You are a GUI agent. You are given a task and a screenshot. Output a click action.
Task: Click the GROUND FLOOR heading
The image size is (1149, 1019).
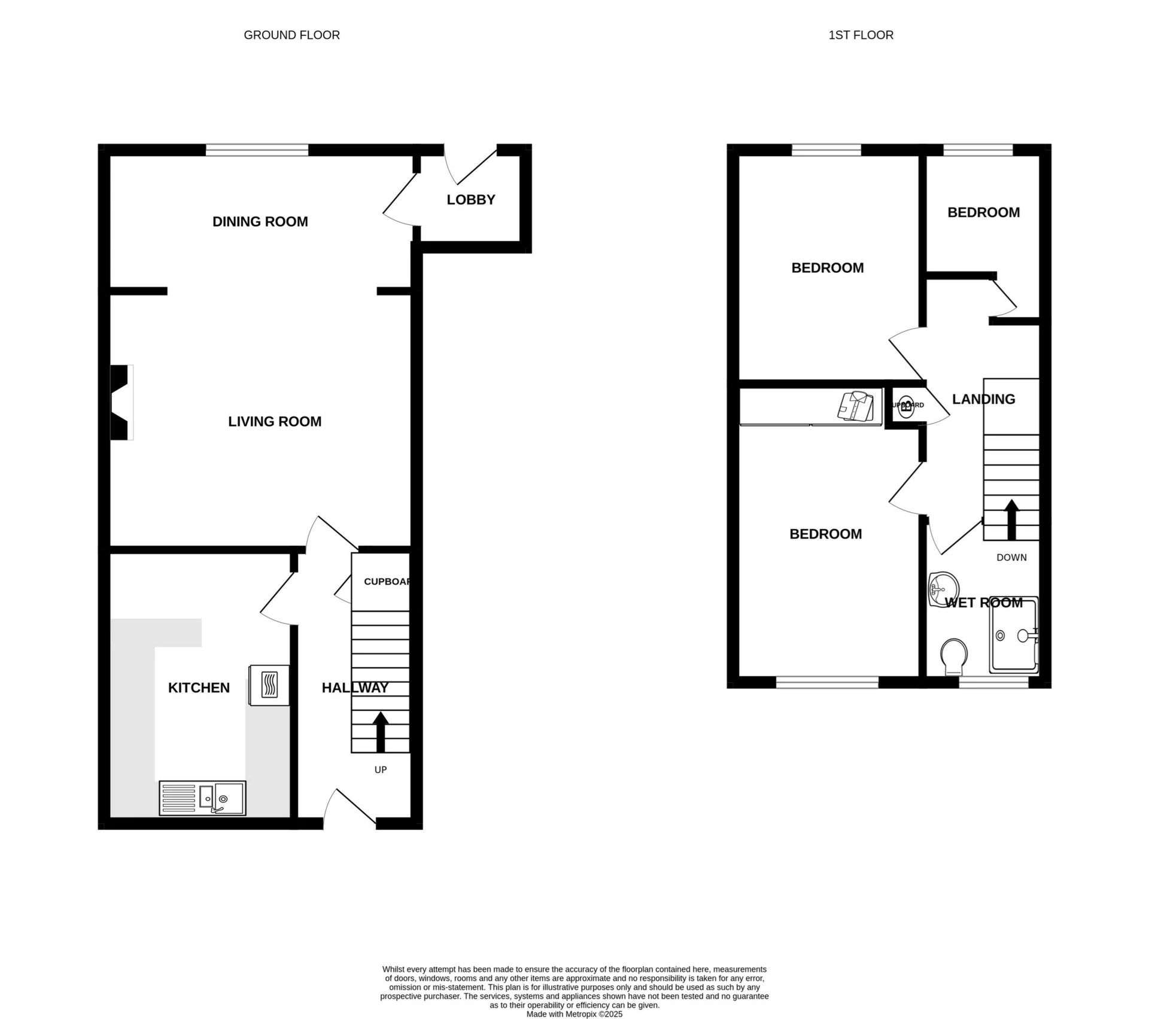(x=291, y=35)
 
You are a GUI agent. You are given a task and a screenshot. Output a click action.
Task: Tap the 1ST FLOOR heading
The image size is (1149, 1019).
(x=861, y=35)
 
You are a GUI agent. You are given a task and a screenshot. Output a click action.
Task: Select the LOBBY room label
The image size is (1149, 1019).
(x=471, y=200)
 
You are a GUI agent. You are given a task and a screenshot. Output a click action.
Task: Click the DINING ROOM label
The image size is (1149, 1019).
(x=260, y=222)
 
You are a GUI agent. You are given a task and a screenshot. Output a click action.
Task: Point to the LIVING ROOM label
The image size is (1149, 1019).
(x=275, y=422)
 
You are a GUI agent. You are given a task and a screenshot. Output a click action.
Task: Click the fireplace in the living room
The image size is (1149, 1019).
(x=121, y=402)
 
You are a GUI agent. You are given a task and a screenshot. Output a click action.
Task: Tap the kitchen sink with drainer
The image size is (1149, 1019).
(x=202, y=798)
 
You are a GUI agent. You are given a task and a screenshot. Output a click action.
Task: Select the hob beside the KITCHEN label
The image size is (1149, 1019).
(x=269, y=685)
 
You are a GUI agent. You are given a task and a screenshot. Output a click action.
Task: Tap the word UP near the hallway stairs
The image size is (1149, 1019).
(x=381, y=769)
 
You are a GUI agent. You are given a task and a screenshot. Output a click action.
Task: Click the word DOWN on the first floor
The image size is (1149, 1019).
(x=1011, y=558)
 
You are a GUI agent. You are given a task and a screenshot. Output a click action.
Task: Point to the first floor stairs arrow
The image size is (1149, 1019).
(x=1011, y=519)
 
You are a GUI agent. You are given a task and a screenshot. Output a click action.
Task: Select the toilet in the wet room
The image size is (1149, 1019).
(x=954, y=656)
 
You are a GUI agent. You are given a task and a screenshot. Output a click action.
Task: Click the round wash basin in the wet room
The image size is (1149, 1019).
(x=943, y=588)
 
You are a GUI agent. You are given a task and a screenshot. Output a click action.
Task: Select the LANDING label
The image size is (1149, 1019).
(x=983, y=399)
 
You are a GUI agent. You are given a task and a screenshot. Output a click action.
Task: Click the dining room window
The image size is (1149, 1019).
(x=257, y=150)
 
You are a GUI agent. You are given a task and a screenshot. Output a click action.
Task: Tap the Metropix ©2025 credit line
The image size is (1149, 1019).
(x=574, y=1014)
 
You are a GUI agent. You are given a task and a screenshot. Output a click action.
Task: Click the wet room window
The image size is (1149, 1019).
(x=993, y=682)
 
